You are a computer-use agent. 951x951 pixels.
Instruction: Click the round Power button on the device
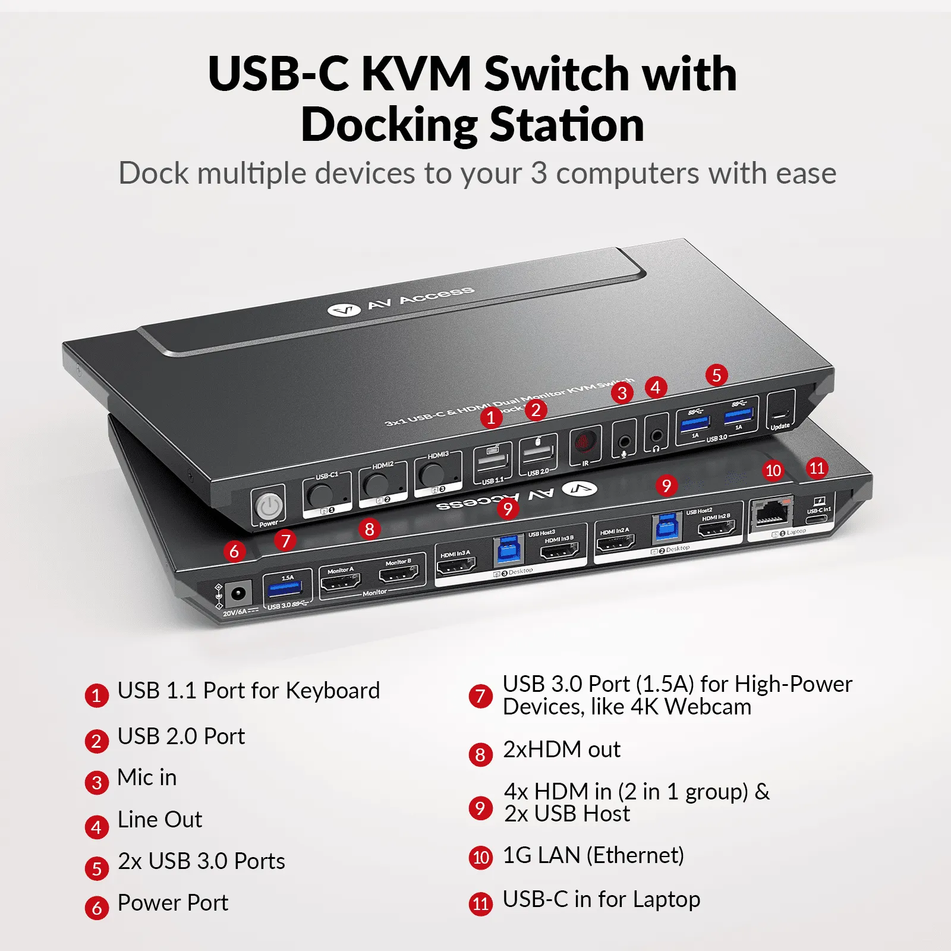pos(269,506)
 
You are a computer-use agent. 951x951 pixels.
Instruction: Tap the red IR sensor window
pos(584,442)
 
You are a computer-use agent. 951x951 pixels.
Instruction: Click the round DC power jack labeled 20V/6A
pos(238,593)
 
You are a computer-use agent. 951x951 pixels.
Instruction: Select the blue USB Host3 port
pos(508,550)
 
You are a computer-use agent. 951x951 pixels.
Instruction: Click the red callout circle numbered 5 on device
pos(716,375)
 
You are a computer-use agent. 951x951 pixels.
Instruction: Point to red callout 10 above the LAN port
pos(773,471)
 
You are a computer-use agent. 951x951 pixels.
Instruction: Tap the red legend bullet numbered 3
pos(97,782)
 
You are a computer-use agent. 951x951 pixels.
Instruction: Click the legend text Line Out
pos(160,820)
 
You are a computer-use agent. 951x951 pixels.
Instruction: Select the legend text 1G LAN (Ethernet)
pos(593,855)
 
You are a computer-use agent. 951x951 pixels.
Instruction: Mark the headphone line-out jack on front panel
pos(657,436)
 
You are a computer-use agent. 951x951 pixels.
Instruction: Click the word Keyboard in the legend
pos(332,691)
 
